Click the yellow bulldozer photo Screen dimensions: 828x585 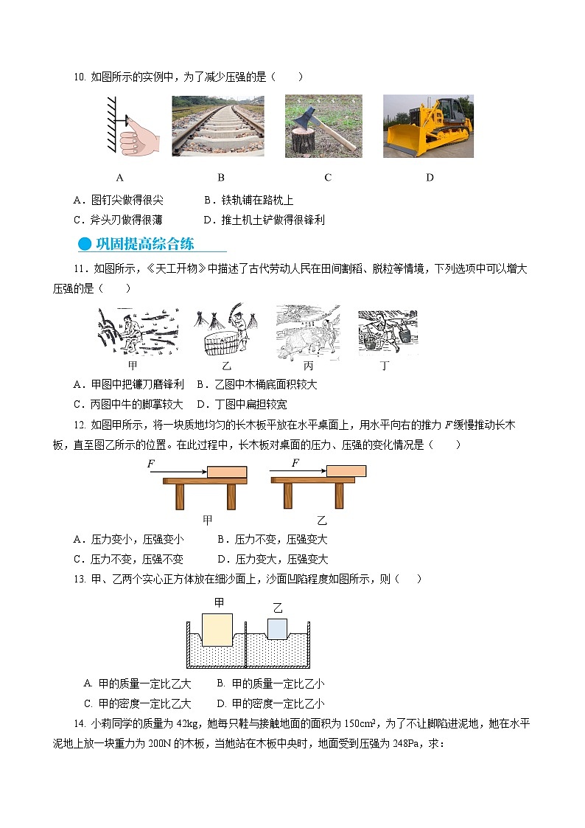[x=428, y=126]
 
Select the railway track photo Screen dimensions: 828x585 [x=218, y=126]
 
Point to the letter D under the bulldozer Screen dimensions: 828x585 [x=430, y=177]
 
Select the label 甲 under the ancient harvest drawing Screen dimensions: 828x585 [x=133, y=365]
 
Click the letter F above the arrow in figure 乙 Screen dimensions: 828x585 [x=295, y=463]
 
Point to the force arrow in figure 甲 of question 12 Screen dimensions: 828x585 [x=177, y=472]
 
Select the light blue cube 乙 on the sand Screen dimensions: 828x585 [x=277, y=629]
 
